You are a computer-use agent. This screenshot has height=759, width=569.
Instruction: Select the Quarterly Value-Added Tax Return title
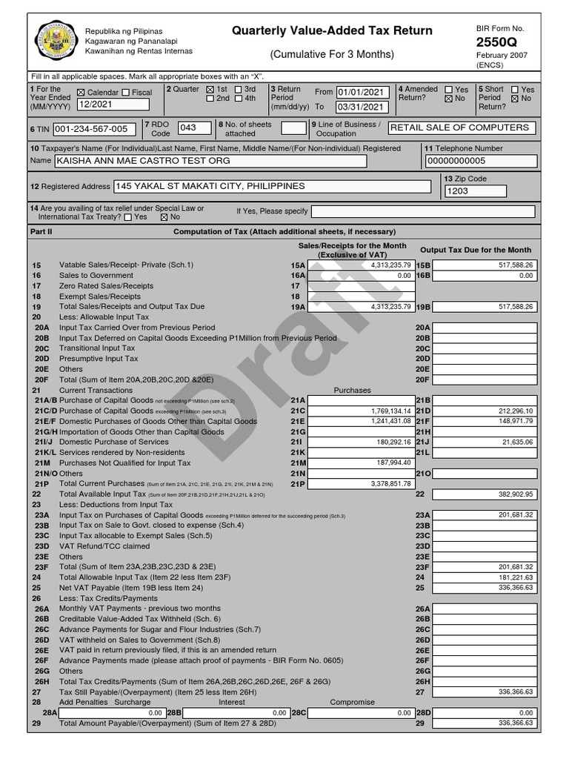click(x=332, y=31)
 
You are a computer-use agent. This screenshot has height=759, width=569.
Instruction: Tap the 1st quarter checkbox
click(x=210, y=89)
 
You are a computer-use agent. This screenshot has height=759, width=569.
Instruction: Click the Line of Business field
click(x=462, y=127)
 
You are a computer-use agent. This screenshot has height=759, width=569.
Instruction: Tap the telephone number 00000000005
click(x=476, y=161)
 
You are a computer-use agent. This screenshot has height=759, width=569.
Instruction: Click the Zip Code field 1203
click(x=475, y=191)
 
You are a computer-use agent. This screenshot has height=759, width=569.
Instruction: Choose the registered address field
click(x=272, y=186)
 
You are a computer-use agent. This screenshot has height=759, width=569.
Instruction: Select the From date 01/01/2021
click(x=362, y=93)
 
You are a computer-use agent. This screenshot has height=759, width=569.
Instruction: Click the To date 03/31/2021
click(x=362, y=107)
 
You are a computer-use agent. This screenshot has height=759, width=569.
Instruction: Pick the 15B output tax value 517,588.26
click(x=485, y=265)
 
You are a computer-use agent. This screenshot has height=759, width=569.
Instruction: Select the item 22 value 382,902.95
click(x=485, y=494)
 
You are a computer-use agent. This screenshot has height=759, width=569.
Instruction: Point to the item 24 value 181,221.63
click(x=485, y=577)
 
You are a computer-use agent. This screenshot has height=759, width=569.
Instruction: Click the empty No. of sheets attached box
click(x=293, y=128)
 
